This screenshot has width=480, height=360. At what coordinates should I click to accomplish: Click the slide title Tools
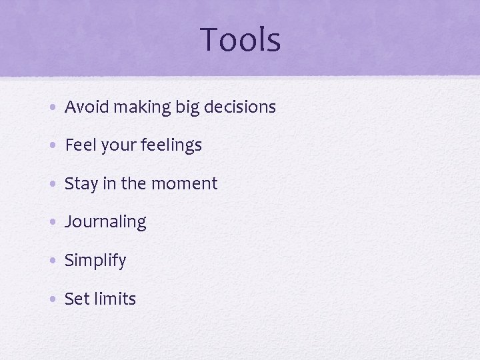pyautogui.click(x=240, y=39)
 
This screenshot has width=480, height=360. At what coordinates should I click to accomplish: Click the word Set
pyautogui.click(x=75, y=299)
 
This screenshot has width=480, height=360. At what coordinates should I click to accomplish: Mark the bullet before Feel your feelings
pyautogui.click(x=52, y=146)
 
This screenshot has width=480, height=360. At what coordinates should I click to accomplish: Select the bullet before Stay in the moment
pyautogui.click(x=52, y=185)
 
